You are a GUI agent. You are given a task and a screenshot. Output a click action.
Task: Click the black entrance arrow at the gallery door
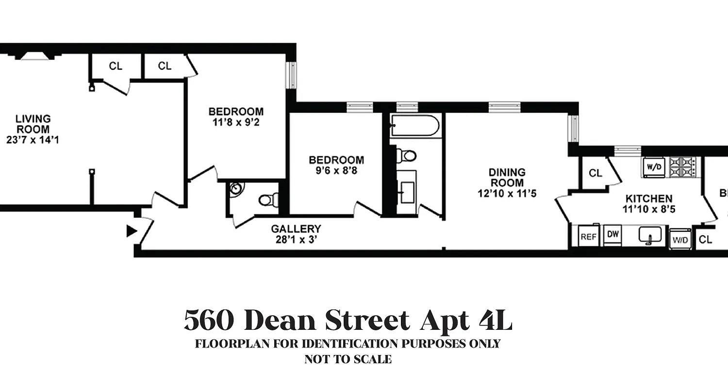[x=132, y=231]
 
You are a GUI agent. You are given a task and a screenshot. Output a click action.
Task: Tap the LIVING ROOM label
[x=33, y=124]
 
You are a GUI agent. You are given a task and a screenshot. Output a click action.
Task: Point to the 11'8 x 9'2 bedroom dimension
[x=236, y=122]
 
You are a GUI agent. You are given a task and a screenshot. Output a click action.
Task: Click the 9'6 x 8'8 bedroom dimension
[x=336, y=171]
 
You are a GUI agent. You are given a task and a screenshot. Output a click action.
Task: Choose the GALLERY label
[x=296, y=228]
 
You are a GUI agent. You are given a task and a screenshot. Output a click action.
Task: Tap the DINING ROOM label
[x=507, y=178]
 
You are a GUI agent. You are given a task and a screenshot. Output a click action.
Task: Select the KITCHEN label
[x=648, y=198]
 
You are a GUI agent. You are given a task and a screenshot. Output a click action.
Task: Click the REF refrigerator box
[x=588, y=237]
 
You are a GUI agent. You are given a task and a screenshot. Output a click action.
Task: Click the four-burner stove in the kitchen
[x=682, y=167]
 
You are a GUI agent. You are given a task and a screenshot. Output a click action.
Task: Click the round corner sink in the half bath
[x=236, y=189]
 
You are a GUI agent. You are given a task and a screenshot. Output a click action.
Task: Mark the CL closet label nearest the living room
[x=116, y=66]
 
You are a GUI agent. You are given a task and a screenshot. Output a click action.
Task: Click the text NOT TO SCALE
[x=347, y=360]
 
